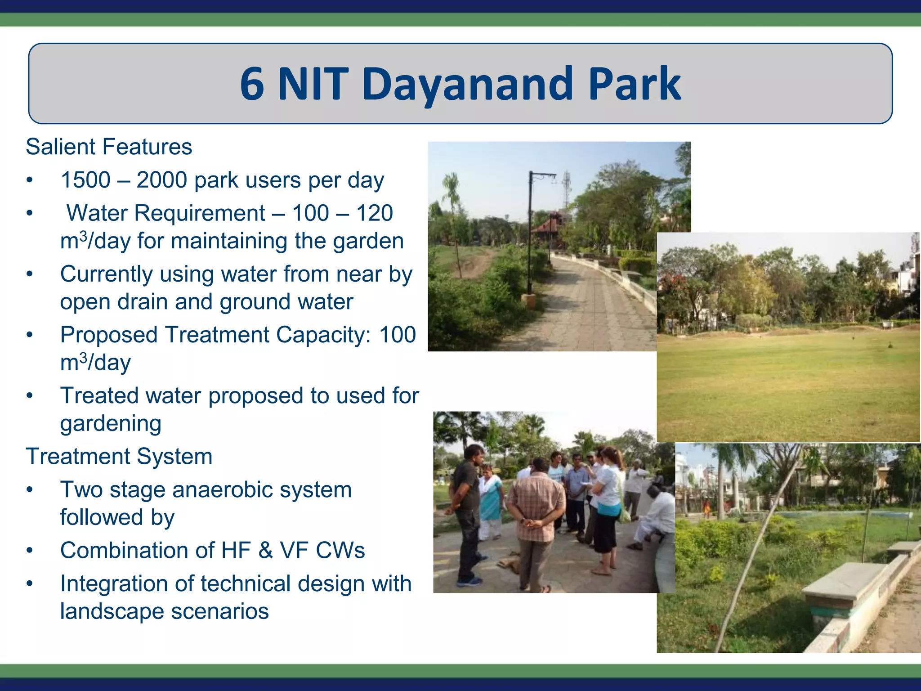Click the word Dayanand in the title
tap(468, 85)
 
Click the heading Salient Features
tap(109, 147)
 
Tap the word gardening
tap(111, 424)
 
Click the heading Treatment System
tap(119, 457)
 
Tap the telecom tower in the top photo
tap(567, 189)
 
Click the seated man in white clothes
tap(654, 517)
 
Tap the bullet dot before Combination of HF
tap(30, 551)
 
